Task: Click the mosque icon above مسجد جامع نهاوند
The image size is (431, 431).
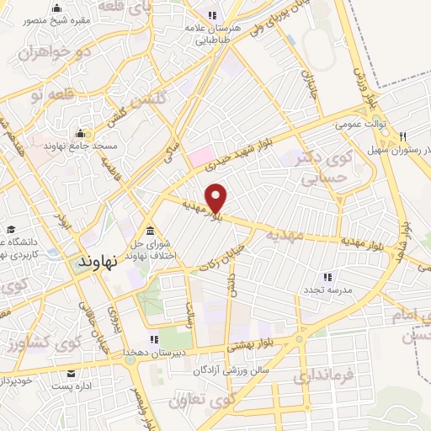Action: click(x=81, y=133)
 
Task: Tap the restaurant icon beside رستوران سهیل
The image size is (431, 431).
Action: click(x=403, y=137)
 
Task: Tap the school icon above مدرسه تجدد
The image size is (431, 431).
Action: click(x=328, y=276)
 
